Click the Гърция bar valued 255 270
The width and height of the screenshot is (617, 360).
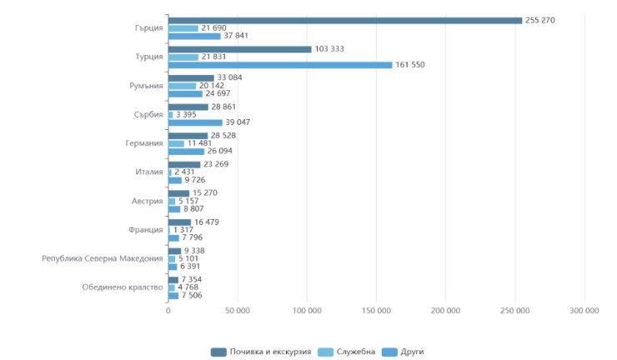(x=345, y=21)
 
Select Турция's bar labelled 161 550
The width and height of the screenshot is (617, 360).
(x=280, y=65)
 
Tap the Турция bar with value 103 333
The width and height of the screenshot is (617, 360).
(x=240, y=49)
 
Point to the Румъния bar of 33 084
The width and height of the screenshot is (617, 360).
(x=191, y=78)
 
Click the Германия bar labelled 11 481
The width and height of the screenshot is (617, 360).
(x=176, y=143)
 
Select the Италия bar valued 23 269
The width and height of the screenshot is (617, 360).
(x=184, y=164)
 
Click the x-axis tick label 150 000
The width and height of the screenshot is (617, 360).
(x=376, y=311)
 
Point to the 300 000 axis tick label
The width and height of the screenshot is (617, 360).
(x=584, y=311)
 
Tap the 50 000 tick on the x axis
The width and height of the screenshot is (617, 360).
(x=237, y=311)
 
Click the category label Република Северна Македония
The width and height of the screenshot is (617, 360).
(x=102, y=258)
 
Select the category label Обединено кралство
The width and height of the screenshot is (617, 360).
(x=123, y=287)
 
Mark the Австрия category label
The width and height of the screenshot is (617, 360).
(x=147, y=201)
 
